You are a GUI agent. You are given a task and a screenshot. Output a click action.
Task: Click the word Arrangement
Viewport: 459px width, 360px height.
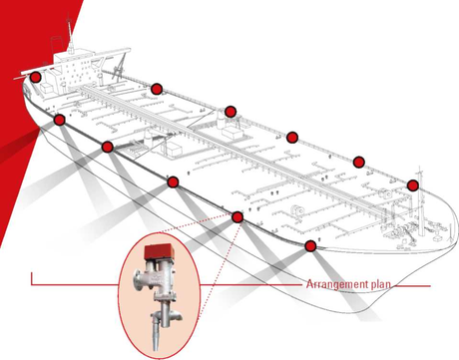(x=333, y=285)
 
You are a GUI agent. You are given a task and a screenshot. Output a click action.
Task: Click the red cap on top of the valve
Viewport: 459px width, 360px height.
(x=158, y=252)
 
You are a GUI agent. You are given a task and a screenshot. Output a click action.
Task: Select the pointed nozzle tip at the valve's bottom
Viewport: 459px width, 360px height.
(x=155, y=338)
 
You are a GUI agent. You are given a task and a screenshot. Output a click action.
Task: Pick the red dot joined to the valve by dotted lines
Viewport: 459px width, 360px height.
(x=237, y=217)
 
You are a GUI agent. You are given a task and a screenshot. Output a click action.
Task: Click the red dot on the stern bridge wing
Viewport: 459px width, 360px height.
(x=35, y=77)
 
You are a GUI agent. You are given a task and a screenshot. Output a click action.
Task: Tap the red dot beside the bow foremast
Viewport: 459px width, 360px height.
(x=412, y=185)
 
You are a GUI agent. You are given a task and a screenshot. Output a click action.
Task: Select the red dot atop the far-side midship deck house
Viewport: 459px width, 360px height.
(x=230, y=112)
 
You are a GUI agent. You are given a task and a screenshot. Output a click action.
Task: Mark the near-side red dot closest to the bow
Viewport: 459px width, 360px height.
(x=310, y=246)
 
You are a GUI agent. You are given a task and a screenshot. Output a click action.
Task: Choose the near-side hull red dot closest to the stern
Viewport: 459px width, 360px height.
(x=59, y=120)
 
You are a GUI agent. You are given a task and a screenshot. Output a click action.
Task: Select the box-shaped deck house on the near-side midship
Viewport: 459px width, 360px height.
(x=174, y=149)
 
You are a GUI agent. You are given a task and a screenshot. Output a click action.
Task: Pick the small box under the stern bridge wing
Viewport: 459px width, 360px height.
(x=47, y=88)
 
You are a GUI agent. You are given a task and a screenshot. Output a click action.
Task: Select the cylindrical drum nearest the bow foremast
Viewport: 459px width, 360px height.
(x=386, y=193)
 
